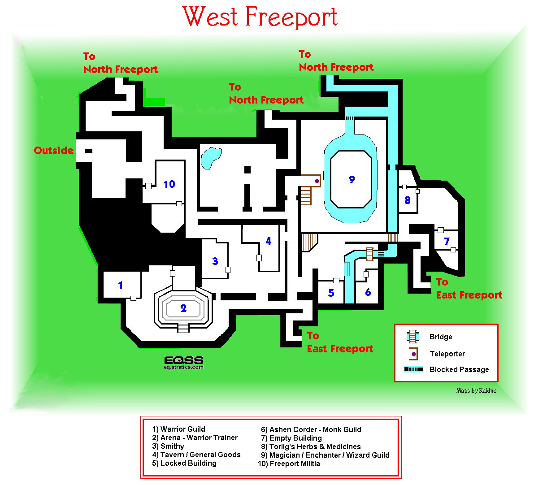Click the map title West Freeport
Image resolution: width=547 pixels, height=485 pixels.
pyautogui.click(x=260, y=17)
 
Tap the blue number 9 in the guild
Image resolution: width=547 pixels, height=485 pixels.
pyautogui.click(x=352, y=179)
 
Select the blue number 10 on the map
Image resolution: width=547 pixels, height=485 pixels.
pyautogui.click(x=169, y=184)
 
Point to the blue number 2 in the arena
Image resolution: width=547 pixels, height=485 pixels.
pyautogui.click(x=183, y=308)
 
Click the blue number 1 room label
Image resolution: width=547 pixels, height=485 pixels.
pyautogui.click(x=120, y=285)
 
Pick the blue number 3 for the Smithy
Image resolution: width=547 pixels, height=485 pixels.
pyautogui.click(x=215, y=261)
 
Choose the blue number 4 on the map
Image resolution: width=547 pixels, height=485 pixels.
pyautogui.click(x=269, y=241)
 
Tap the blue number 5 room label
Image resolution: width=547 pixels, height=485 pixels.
pyautogui.click(x=331, y=293)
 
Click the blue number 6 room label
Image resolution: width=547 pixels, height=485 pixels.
pyautogui.click(x=368, y=292)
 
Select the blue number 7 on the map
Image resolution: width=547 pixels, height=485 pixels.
pyautogui.click(x=447, y=242)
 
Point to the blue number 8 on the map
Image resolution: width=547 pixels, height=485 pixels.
pyautogui.click(x=407, y=200)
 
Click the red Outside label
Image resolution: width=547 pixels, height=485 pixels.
pyautogui.click(x=53, y=150)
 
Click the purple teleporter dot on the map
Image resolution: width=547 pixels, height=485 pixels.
pyautogui.click(x=317, y=181)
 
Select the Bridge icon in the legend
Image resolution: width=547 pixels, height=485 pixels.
pyautogui.click(x=412, y=337)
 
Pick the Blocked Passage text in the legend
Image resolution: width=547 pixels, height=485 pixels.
pyautogui.click(x=459, y=369)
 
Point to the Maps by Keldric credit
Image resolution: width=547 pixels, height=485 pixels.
pyautogui.click(x=476, y=390)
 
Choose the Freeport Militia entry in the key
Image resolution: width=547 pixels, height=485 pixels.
pyautogui.click(x=289, y=463)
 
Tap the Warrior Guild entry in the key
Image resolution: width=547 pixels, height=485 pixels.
pyautogui.click(x=179, y=429)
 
